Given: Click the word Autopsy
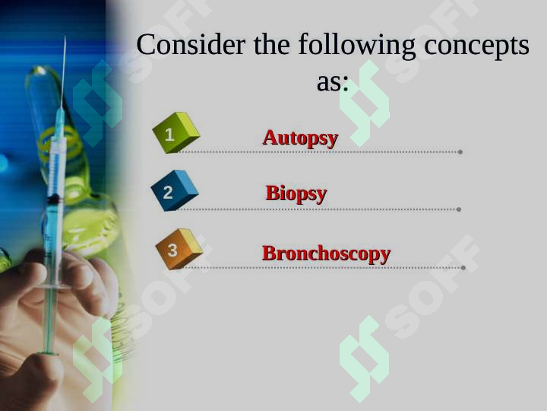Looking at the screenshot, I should coord(300,138).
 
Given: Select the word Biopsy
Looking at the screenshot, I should coord(296,193).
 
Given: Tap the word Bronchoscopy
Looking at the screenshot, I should coord(326,253).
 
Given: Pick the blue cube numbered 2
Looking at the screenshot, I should coord(173,191).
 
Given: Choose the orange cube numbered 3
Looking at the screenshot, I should coord(178,249).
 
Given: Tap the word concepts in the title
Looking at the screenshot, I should coord(476,46).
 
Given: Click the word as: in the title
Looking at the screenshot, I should coord(332,81).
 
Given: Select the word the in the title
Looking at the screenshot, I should coord(271,46).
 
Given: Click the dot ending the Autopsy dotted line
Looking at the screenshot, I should coord(460,152).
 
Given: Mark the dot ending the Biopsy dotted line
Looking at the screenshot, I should coord(459,209).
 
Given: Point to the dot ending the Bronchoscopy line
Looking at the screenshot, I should coord(463,267).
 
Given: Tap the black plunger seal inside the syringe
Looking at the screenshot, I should coord(54,199).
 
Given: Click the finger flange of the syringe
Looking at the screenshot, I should coord(52,287).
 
